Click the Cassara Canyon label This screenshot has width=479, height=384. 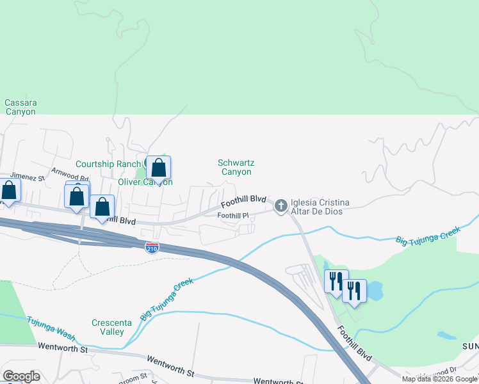(x=20, y=107)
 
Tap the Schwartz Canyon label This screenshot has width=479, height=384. (x=236, y=167)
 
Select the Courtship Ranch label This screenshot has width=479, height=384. (x=103, y=164)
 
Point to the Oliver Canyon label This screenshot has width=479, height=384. (x=145, y=182)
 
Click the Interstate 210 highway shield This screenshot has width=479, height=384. (x=152, y=248)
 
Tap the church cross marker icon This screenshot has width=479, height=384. (x=280, y=206)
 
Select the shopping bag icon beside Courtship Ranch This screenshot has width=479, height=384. (x=158, y=168)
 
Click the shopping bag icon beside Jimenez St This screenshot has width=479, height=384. (x=9, y=190)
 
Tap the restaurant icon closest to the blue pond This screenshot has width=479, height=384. (x=354, y=291)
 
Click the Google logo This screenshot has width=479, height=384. (x=21, y=376)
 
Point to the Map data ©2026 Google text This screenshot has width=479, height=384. (x=440, y=379)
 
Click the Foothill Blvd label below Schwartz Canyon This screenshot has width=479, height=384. (x=243, y=202)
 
